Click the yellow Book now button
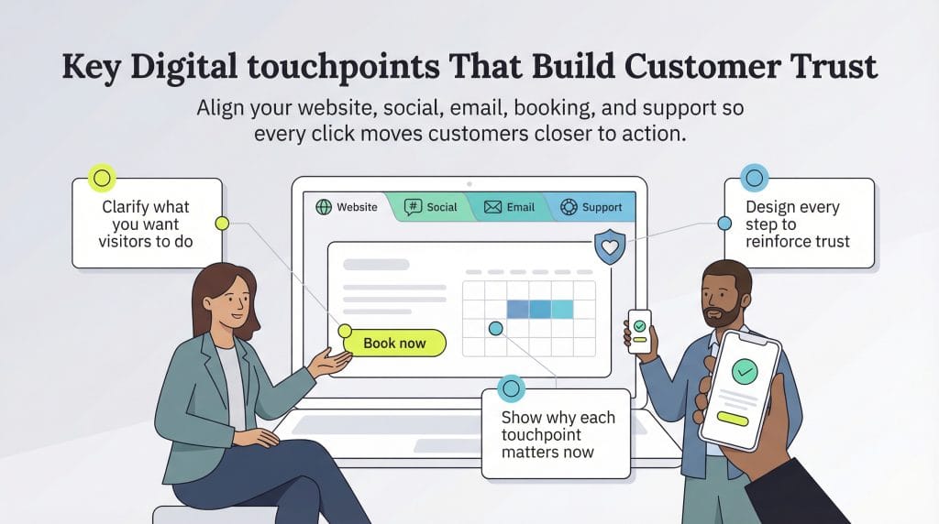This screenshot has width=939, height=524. point(394,343)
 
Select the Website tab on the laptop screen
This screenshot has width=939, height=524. point(347,207)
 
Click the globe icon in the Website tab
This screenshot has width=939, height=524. point(323,207)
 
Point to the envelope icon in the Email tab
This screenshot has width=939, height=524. point(492,207)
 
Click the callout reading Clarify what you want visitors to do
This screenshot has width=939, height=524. point(147,224)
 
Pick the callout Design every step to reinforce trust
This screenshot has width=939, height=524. point(798,224)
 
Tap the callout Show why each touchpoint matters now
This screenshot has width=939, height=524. point(557,433)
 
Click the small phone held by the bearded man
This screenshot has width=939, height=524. point(639,331)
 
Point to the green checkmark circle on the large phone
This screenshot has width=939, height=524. point(745,371)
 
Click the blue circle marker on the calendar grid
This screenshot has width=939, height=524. point(496,327)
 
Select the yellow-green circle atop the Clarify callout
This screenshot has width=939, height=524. point(102,178)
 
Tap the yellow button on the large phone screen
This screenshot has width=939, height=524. point(733,418)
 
